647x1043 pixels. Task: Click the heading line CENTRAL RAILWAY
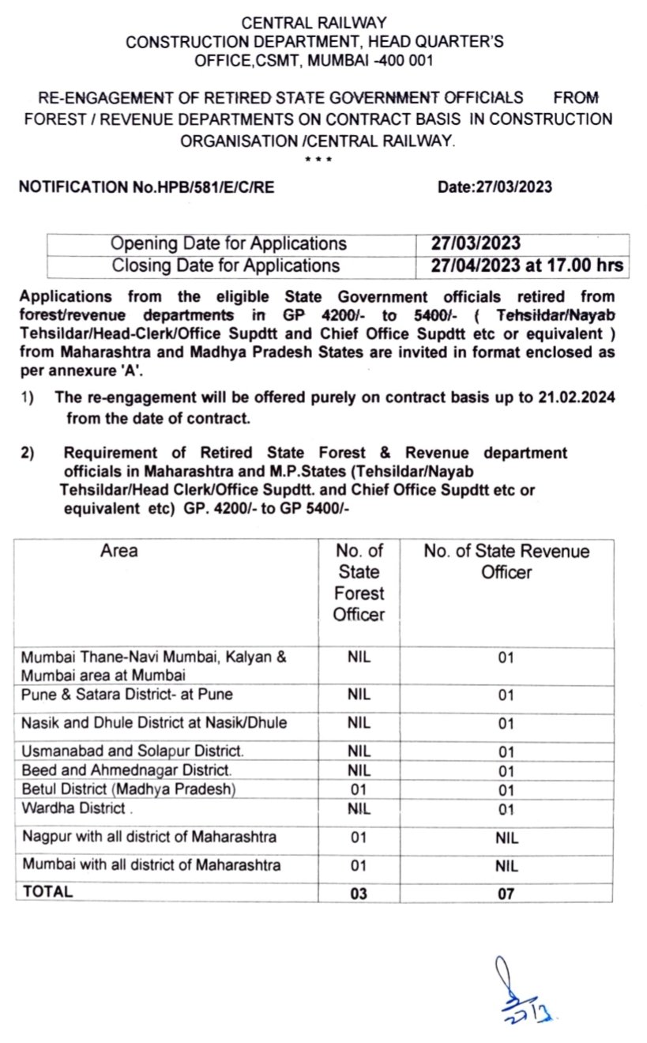pos(314,24)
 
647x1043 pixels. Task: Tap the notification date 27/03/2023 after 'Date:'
pos(514,187)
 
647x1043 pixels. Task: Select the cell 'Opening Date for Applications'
pos(228,243)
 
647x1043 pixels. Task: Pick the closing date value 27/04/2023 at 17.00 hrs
pos(527,265)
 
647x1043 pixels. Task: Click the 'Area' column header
pos(118,551)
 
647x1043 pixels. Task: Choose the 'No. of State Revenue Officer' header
pos(506,561)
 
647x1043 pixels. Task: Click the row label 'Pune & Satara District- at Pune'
pos(126,695)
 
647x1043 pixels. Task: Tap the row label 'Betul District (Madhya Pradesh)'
pos(129,789)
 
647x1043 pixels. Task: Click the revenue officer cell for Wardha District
pos(506,809)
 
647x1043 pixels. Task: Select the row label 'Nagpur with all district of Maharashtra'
pos(149,837)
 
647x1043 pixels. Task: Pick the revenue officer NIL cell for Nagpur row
pos(506,838)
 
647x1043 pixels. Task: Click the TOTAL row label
pos(47,891)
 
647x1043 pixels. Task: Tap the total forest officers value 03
pos(358,893)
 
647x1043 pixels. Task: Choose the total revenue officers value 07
pos(506,893)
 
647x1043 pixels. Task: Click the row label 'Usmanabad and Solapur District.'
pos(133,751)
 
